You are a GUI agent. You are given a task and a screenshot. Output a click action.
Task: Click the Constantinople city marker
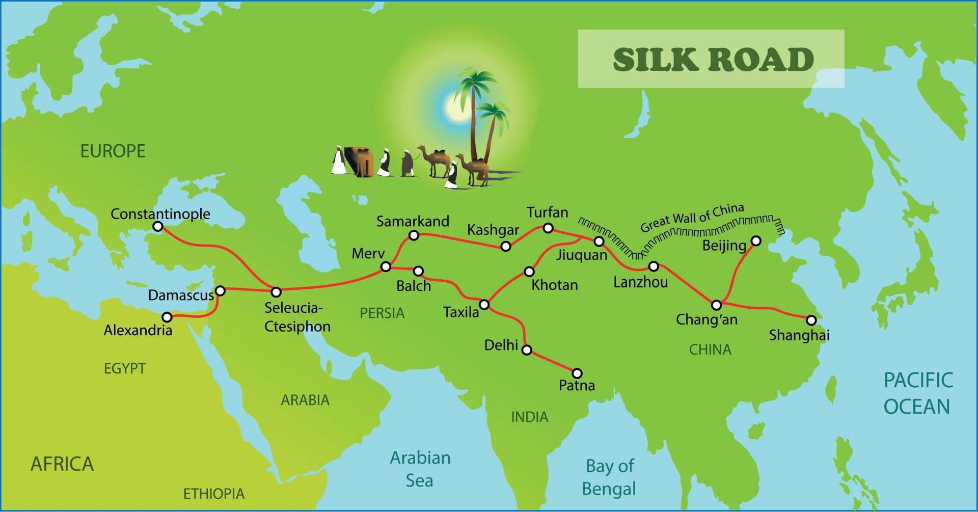click(x=158, y=226)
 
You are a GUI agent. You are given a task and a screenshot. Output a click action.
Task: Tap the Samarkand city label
click(x=413, y=221)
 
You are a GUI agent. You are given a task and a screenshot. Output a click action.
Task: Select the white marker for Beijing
click(x=756, y=240)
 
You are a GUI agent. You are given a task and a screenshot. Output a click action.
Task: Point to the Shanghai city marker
click(x=811, y=320)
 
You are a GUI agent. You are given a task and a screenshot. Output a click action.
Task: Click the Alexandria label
click(x=138, y=330)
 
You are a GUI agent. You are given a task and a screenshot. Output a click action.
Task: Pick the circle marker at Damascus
click(x=220, y=290)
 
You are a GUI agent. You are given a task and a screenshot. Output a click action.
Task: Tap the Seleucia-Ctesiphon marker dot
click(x=276, y=292)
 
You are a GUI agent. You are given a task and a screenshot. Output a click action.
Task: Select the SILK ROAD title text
click(x=713, y=60)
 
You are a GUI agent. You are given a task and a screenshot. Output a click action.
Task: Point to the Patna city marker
click(x=577, y=373)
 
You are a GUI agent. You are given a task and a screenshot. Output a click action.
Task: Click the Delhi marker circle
click(x=527, y=350)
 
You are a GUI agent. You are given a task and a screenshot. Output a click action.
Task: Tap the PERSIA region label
click(x=382, y=313)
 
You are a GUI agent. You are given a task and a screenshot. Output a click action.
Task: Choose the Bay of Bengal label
click(x=609, y=477)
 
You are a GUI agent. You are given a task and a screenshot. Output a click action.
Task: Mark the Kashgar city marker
click(x=506, y=247)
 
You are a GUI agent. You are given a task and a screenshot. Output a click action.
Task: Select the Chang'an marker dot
click(x=717, y=305)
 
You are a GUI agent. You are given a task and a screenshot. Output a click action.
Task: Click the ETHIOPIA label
click(x=214, y=494)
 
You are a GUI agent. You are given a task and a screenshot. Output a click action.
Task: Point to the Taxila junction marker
click(x=484, y=305)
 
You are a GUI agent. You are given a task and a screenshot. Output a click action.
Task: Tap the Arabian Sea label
click(x=420, y=469)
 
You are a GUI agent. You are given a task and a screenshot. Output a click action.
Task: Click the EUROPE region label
click(x=113, y=151)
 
